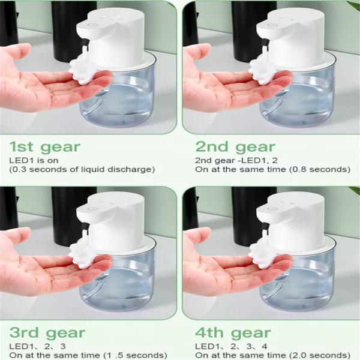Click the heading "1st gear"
[x=45, y=147]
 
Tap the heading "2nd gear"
[x=235, y=147]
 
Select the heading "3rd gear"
[x=47, y=333]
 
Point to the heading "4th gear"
[x=233, y=333]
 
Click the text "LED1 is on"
[x=34, y=160]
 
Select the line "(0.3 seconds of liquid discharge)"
[x=82, y=169]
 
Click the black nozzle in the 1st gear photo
[x=85, y=43]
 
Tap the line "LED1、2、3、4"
[x=231, y=346]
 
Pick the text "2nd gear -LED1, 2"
[x=236, y=160]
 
